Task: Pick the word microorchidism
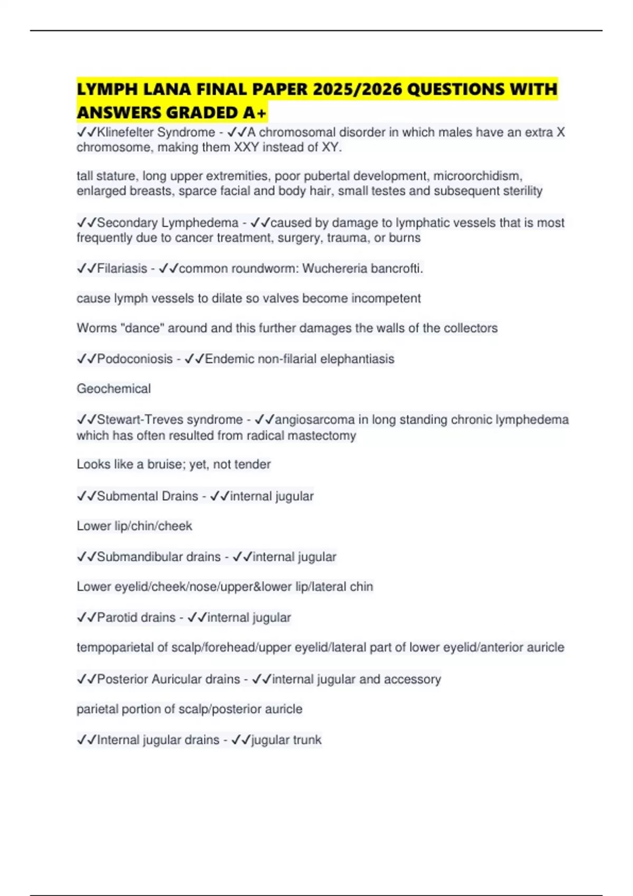477,176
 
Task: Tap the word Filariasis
122,269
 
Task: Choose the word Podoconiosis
135,359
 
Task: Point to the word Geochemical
113,389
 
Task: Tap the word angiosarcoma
314,420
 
